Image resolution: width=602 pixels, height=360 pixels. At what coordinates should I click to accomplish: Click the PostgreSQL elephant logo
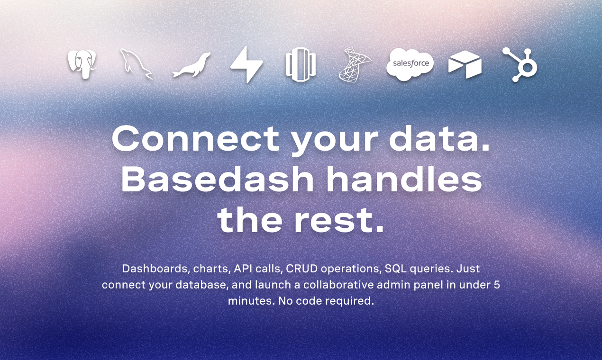tap(82, 64)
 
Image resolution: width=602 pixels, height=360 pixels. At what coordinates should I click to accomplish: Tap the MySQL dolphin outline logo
tap(136, 64)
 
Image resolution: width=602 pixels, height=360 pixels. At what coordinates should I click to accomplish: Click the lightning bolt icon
tap(246, 64)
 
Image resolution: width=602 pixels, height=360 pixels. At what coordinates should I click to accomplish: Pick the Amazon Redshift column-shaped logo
tap(301, 65)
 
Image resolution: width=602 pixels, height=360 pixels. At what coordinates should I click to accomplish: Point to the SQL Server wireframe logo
tap(355, 64)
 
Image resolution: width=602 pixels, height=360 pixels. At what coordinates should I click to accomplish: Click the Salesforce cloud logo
tap(410, 64)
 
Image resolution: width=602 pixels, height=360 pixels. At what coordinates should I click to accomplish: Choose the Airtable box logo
tap(465, 65)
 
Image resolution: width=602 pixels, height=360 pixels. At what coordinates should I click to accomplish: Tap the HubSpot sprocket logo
tap(520, 64)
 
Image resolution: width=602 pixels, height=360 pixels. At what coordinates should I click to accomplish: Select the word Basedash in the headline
tap(218, 179)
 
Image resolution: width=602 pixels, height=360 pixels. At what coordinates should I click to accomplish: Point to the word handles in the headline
tap(404, 179)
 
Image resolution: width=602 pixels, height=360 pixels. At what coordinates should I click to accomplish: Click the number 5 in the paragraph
tap(497, 285)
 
